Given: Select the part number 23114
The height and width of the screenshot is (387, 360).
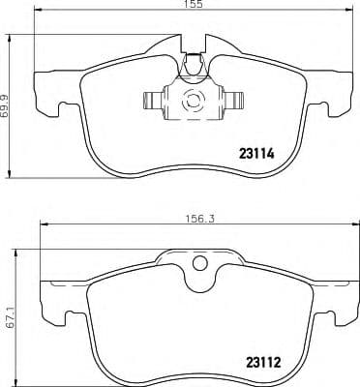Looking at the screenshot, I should [257, 151].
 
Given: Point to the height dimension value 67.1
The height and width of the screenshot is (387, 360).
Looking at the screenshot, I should [7, 318].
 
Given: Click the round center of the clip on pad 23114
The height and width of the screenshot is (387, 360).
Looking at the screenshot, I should [191, 99].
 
